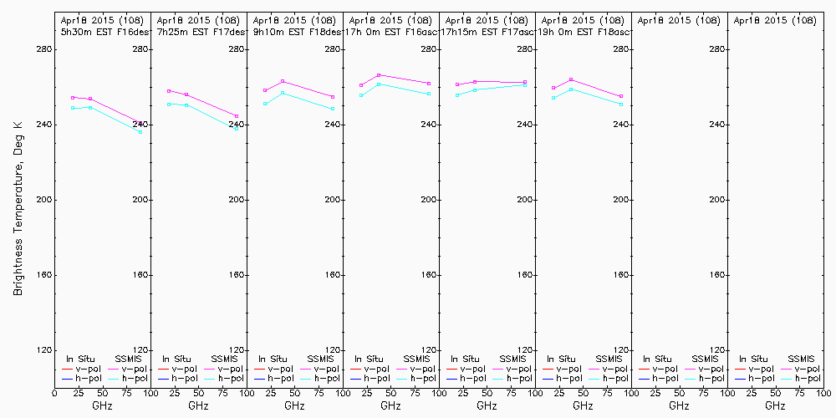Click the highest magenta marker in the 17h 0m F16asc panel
[x=379, y=75]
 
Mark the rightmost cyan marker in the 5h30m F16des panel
[x=140, y=131]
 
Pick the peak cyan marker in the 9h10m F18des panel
[x=283, y=93]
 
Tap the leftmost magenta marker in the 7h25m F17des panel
[x=169, y=90]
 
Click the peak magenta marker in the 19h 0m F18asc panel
[x=571, y=79]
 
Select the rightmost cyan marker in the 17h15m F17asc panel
[x=524, y=84]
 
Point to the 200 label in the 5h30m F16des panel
[x=141, y=200]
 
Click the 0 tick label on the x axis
[x=54, y=393]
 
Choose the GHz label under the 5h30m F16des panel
[x=102, y=405]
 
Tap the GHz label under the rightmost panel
[x=775, y=405]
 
